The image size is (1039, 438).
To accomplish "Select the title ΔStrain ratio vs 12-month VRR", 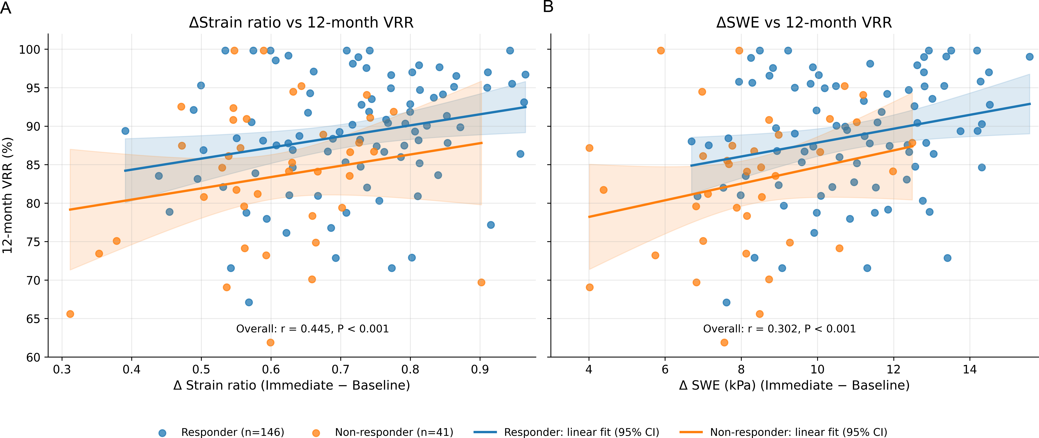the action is tap(301, 23).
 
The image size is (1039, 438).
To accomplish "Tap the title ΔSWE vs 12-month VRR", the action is tap(804, 23).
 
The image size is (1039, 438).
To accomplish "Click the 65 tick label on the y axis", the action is tap(33, 319).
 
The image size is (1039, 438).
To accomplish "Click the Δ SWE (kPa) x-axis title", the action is tap(794, 386).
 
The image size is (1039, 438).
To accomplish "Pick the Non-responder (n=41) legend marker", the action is tap(316, 433).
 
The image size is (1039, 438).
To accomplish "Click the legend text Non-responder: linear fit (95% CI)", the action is tap(799, 432).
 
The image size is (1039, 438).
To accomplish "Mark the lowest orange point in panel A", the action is tap(271, 342).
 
